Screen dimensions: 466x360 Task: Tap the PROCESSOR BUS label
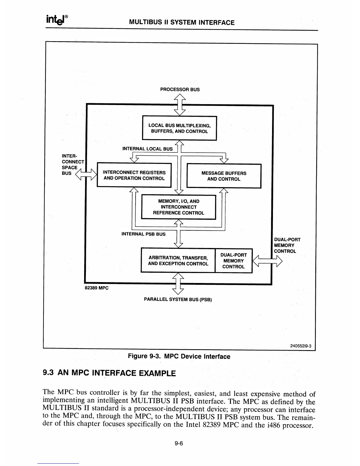[x=180, y=89]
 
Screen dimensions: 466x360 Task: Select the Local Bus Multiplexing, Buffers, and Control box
[x=179, y=129]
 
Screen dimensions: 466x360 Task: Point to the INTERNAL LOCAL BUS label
[x=147, y=149]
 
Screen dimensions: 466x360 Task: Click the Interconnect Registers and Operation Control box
[x=134, y=175]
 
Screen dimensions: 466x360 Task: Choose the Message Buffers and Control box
[x=224, y=176]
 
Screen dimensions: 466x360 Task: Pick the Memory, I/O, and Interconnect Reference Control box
[x=179, y=207]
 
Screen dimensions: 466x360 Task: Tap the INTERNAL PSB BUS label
[x=144, y=234]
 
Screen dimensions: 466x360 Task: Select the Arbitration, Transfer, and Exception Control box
[x=178, y=261]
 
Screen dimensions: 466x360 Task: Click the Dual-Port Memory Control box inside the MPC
[x=234, y=261]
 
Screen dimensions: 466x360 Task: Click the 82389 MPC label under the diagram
[x=96, y=288]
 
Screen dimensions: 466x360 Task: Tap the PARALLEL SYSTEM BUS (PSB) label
[x=178, y=300]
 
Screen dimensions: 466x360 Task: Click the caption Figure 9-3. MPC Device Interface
[x=179, y=357]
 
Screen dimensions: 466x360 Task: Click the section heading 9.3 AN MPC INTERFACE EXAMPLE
[x=109, y=373]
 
